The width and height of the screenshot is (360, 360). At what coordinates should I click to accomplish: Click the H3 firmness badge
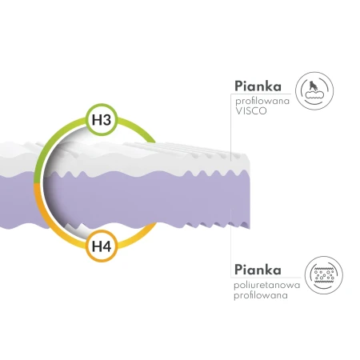[102, 119]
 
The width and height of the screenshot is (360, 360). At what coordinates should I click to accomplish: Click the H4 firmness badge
[102, 246]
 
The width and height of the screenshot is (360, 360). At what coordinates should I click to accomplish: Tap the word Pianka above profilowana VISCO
[258, 86]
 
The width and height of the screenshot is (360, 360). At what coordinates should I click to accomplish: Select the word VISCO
[251, 110]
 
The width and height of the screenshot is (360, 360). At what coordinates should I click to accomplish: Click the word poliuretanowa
[267, 285]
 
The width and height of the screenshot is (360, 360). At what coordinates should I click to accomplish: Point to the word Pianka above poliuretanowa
[258, 270]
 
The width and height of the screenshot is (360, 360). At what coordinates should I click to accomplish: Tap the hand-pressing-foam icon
[314, 90]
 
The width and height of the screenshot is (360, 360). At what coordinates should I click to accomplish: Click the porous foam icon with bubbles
[324, 275]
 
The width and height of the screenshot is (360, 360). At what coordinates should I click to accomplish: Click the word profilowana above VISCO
[262, 102]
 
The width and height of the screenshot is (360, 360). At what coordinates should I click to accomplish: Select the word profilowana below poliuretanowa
[261, 295]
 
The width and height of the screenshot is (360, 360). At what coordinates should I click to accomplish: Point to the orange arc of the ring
[46, 214]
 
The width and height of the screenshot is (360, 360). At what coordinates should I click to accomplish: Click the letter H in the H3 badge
[97, 120]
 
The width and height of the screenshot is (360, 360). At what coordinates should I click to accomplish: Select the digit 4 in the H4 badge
[106, 246]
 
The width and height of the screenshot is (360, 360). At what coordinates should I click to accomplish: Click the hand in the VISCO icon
[313, 86]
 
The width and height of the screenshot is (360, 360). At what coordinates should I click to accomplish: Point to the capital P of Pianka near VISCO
[238, 86]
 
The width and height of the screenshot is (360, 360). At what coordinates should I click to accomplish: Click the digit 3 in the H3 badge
[106, 120]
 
